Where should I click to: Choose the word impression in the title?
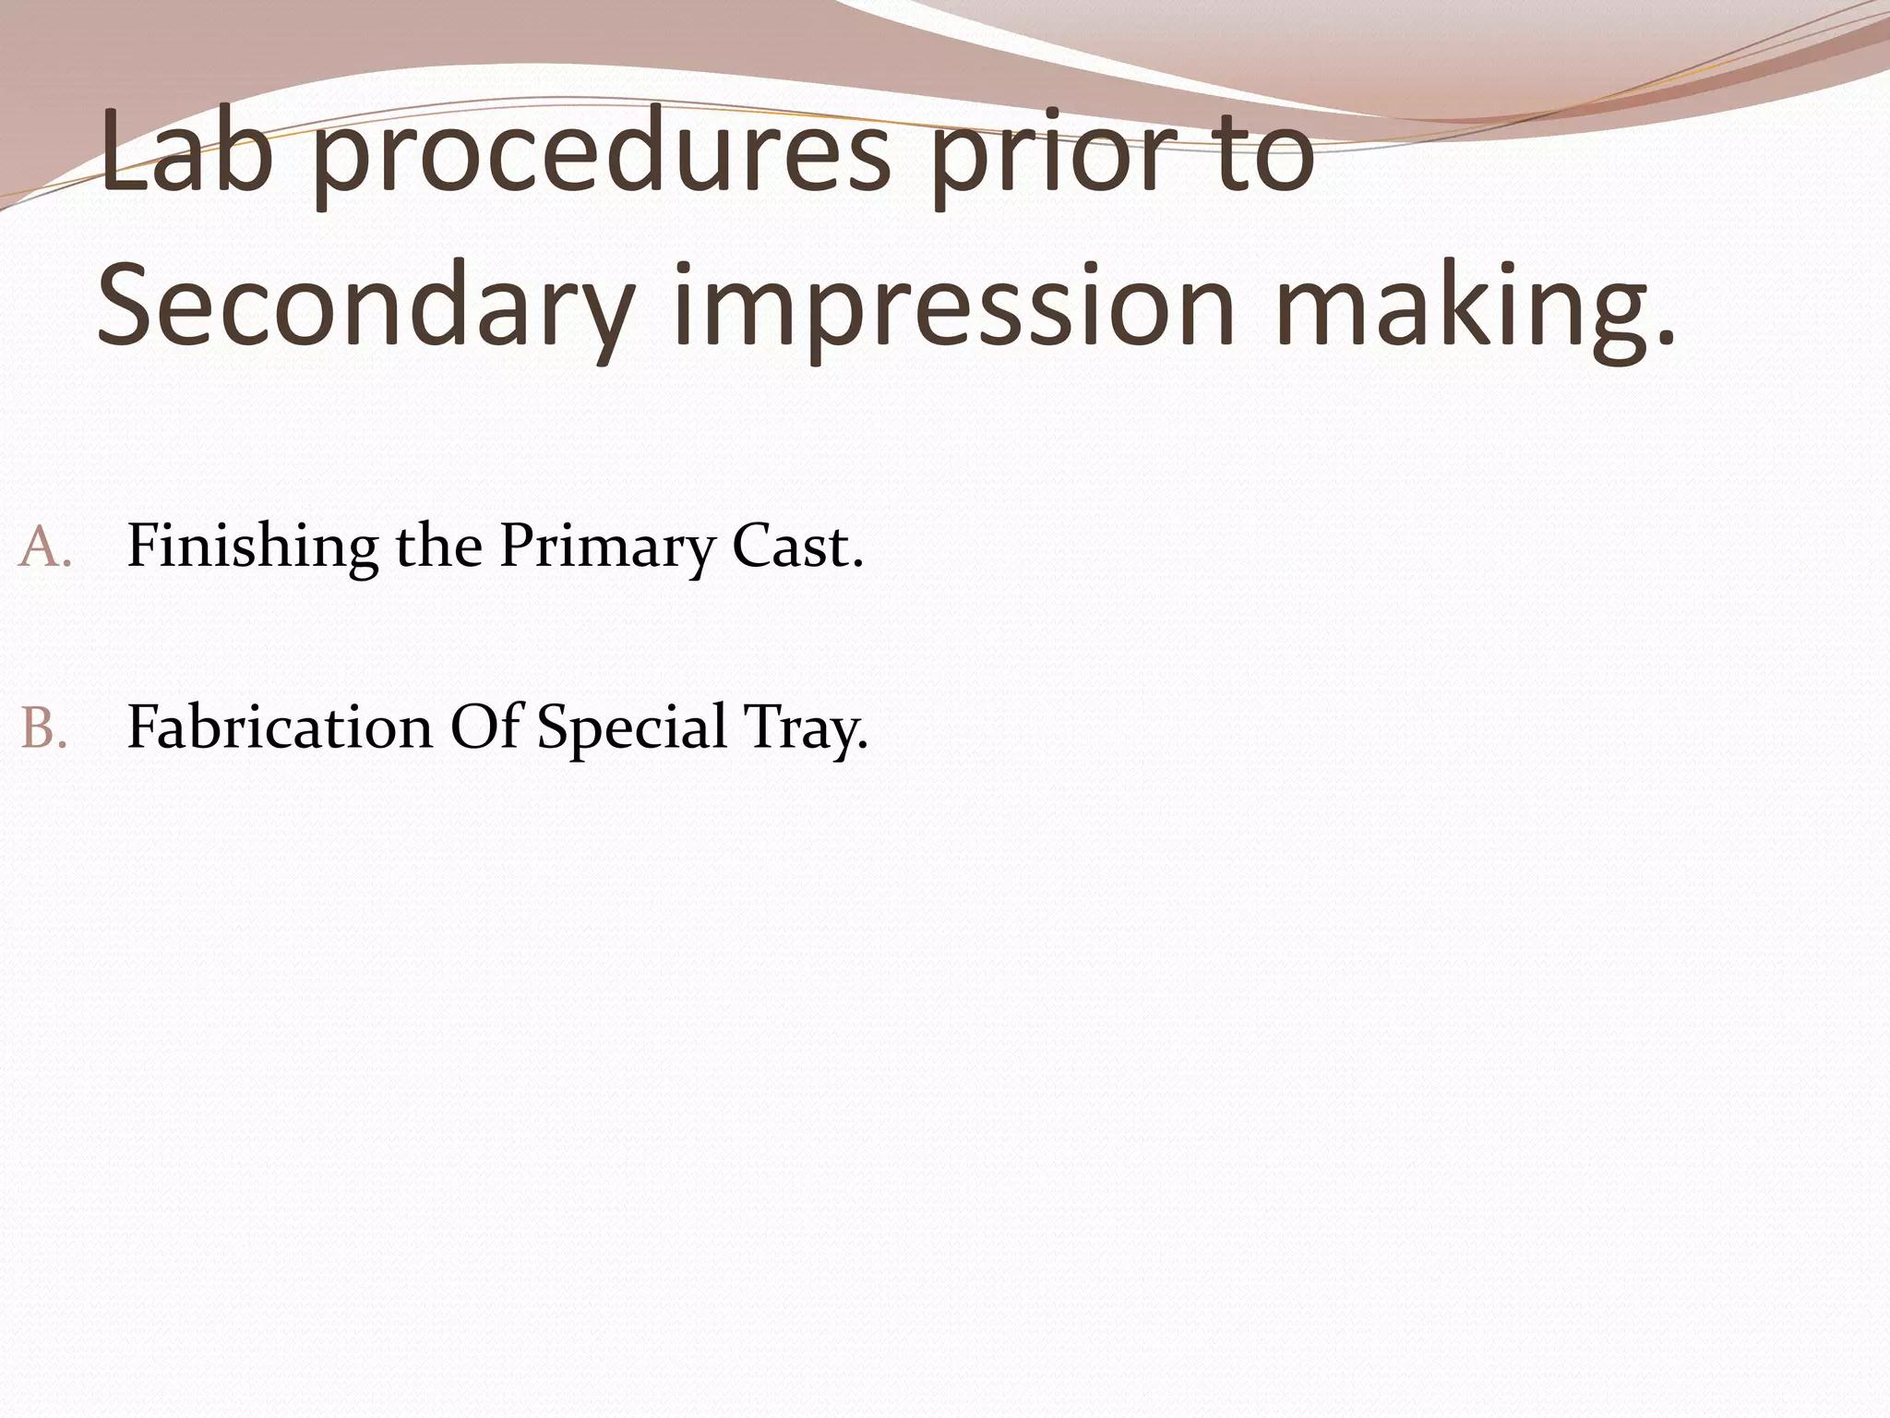[955, 309]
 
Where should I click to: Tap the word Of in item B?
[484, 727]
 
